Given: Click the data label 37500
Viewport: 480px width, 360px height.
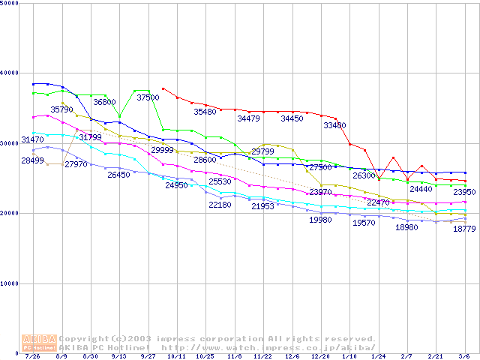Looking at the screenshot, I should (x=148, y=97).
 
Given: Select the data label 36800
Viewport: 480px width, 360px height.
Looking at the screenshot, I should (x=104, y=102).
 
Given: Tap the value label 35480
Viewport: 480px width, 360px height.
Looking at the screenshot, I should (x=205, y=112).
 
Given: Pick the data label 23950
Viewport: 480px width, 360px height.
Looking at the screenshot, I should (x=464, y=193).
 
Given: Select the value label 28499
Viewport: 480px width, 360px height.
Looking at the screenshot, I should (x=32, y=160).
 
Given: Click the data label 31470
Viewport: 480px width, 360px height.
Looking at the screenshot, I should (x=32, y=139).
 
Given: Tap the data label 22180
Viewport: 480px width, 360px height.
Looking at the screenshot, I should (x=220, y=205).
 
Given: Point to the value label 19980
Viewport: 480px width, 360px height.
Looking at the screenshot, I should (x=320, y=220).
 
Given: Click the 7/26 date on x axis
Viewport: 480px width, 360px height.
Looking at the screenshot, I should (x=32, y=357).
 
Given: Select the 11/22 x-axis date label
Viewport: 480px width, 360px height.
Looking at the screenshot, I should (x=262, y=357).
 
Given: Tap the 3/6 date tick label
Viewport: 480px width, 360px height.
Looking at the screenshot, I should (x=464, y=357).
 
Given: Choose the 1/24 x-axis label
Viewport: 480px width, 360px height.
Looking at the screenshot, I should (x=378, y=357).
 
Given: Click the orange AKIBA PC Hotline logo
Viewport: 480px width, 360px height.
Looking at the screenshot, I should (x=39, y=342).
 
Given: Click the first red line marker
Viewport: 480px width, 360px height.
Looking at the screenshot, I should (x=163, y=88).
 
